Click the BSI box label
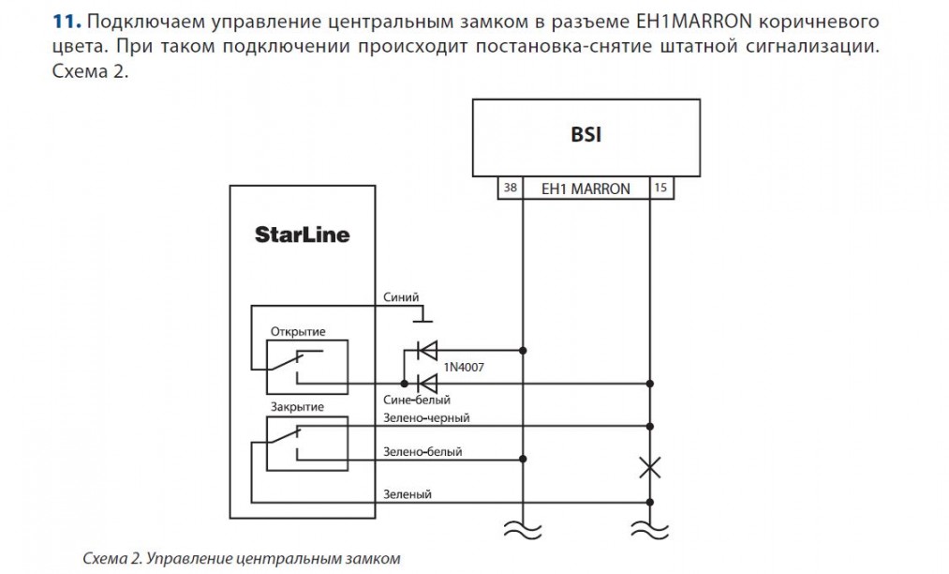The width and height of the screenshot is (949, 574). pos(586,134)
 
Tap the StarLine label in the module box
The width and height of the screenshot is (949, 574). pos(302,234)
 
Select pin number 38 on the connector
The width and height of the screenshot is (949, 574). pos(510,189)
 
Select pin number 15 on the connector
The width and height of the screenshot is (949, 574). pos(660,189)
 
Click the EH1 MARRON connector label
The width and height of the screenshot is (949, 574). pos(586,189)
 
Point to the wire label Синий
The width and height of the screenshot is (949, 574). pos(401,296)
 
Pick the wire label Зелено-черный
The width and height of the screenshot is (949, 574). pos(426,417)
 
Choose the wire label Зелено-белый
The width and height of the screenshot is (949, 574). pos(423,452)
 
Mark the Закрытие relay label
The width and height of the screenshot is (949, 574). pos(297,407)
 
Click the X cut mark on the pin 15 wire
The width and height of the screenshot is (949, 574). pos(649,466)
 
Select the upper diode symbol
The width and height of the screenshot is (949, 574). pos(426,351)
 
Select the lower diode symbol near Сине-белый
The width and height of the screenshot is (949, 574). pos(426,383)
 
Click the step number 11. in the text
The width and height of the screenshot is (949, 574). pos(67,21)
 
